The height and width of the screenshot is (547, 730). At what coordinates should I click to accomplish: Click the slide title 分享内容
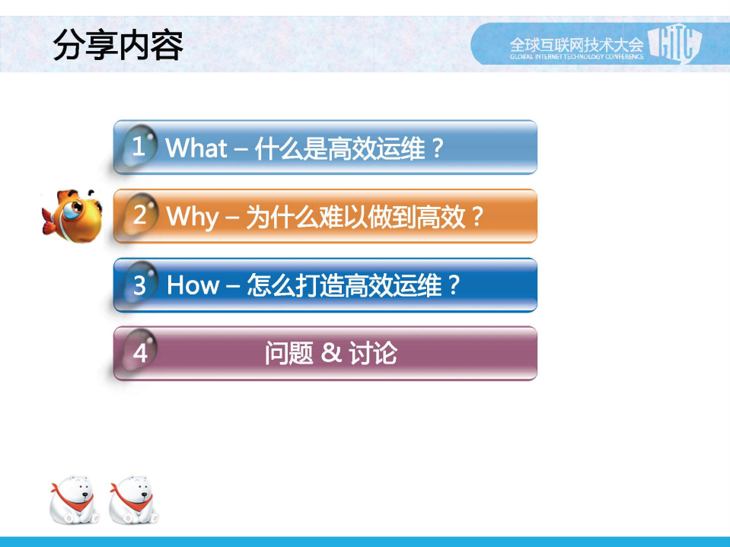click(x=119, y=46)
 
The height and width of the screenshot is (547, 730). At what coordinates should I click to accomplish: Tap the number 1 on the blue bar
click(x=139, y=147)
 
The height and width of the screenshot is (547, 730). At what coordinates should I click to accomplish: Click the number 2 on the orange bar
click(x=139, y=216)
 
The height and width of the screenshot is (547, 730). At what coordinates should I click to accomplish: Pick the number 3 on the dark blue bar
click(x=139, y=286)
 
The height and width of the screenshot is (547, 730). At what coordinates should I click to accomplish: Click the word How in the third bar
click(x=193, y=285)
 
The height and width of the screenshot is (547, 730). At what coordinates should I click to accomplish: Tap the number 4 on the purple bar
click(x=139, y=354)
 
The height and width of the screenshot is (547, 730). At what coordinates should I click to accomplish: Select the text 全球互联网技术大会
click(x=576, y=42)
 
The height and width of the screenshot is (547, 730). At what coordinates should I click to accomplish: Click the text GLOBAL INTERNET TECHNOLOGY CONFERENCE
click(x=576, y=56)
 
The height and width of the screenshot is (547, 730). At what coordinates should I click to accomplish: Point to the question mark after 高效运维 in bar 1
click(x=437, y=148)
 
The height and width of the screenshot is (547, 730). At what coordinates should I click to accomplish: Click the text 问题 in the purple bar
click(x=288, y=354)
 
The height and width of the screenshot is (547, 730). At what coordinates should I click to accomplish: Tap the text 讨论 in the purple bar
click(x=373, y=354)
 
